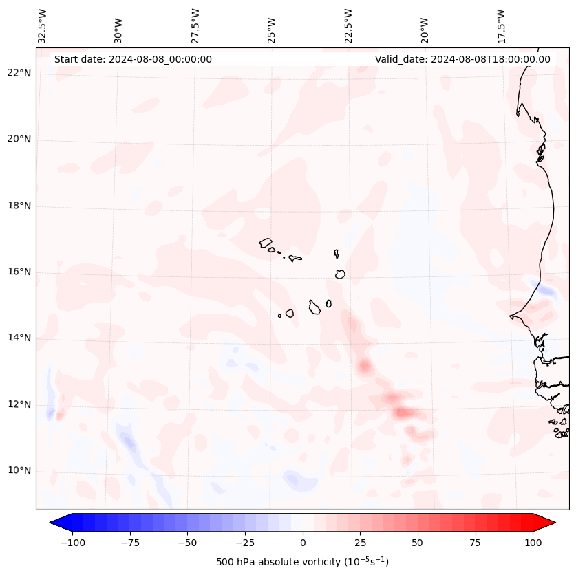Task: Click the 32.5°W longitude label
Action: (43, 26)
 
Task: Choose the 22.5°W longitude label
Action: (348, 26)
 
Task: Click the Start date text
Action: (133, 59)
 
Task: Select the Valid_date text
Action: (462, 59)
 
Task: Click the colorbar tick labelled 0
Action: (303, 543)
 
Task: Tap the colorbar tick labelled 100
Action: (533, 543)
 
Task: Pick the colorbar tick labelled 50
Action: (418, 543)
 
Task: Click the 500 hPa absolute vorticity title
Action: (303, 562)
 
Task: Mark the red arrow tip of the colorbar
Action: (555, 523)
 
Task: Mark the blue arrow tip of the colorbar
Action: (51, 523)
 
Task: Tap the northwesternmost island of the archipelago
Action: (266, 243)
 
